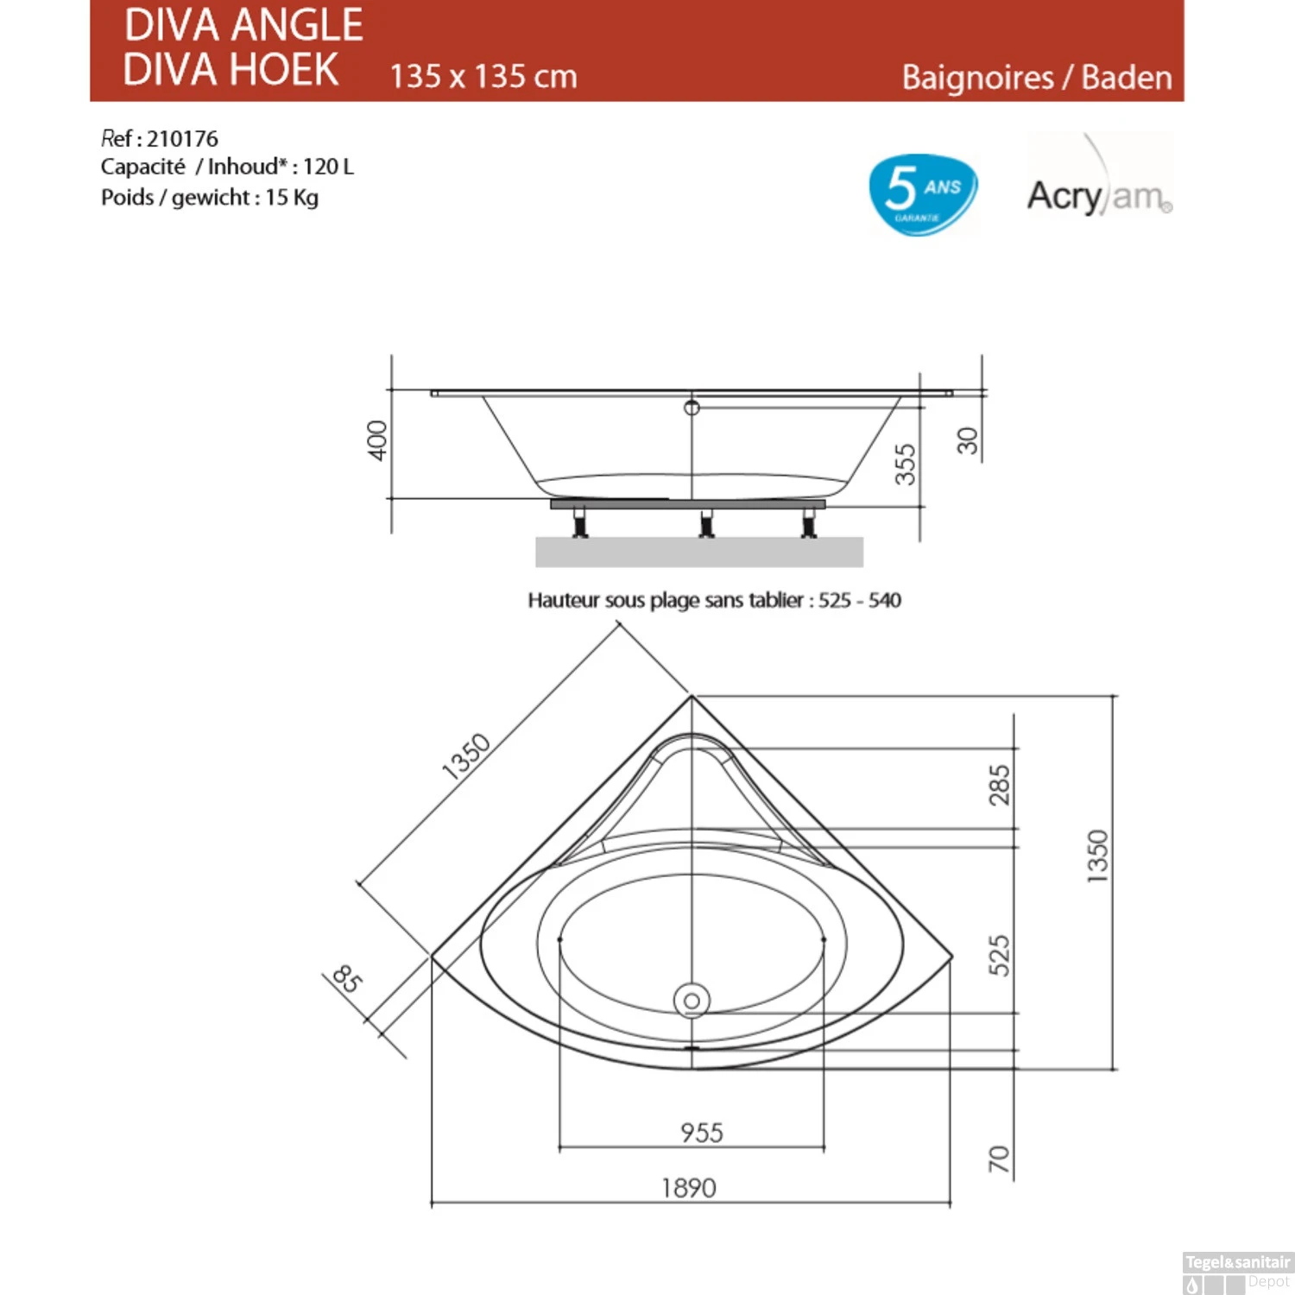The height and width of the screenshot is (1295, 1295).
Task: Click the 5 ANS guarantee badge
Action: [923, 194]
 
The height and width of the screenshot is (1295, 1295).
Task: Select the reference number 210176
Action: [182, 139]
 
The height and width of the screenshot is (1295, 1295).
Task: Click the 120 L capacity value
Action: [328, 167]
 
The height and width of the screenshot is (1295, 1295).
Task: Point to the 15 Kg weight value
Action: [292, 198]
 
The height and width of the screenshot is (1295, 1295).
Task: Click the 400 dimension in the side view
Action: [377, 440]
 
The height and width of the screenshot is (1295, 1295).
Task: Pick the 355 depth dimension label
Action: [904, 464]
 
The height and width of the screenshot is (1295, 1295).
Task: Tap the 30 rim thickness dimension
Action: [968, 441]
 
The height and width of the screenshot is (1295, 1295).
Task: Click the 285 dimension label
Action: [999, 785]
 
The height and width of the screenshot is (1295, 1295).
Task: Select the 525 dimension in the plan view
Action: [999, 955]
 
